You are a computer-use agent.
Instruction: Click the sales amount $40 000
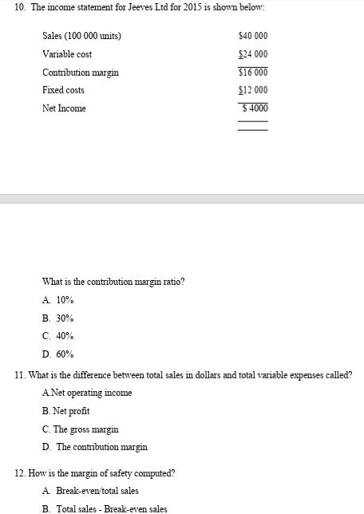point(252,37)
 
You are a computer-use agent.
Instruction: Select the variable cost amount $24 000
point(252,54)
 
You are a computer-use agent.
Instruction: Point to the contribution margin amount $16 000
point(252,73)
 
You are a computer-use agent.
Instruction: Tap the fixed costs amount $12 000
point(252,90)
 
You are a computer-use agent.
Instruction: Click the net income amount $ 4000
point(252,108)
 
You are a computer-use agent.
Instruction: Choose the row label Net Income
point(64,109)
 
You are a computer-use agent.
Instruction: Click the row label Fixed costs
point(63,90)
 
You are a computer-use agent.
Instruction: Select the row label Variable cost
point(66,54)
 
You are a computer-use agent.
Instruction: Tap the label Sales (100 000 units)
point(81,37)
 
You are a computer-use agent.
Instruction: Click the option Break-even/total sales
point(89,491)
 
